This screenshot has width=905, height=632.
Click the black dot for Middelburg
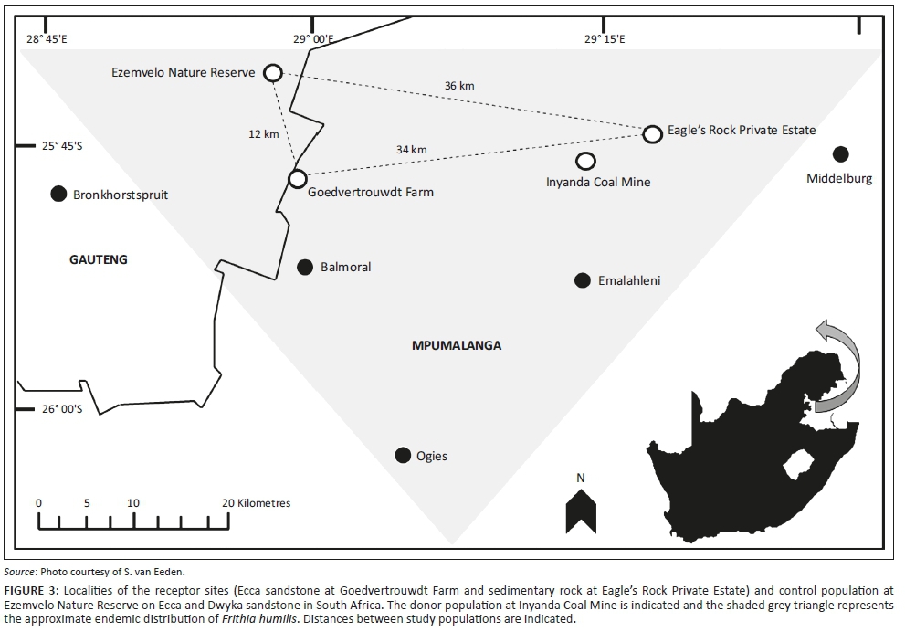pos(841,154)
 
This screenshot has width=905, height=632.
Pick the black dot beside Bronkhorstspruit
pos(58,194)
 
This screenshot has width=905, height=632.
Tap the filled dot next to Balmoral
pos(305,267)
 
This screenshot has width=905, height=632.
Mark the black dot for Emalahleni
pos(583,280)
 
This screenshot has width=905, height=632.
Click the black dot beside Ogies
pos(403,456)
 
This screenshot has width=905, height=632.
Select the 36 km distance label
pos(459,86)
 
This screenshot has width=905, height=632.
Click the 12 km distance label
pos(264,134)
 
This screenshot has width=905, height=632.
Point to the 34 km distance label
pos(412,150)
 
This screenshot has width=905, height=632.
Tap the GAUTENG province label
pos(99,259)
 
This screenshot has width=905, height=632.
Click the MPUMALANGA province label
pos(457,346)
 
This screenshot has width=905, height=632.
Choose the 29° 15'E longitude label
pos(605,39)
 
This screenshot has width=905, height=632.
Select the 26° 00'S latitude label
pos(62,409)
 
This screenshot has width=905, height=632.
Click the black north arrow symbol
pos(581,511)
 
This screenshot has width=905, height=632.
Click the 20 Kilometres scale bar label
pos(257,503)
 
